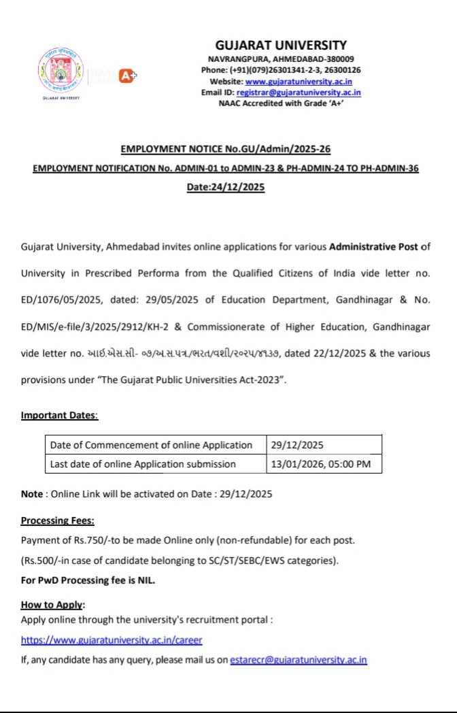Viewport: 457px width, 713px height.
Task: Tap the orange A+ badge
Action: click(x=127, y=76)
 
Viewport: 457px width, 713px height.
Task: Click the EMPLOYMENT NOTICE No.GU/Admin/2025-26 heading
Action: click(x=225, y=148)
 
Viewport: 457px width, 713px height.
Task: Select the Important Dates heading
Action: click(x=59, y=415)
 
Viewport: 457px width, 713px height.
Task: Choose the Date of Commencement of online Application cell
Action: click(x=152, y=445)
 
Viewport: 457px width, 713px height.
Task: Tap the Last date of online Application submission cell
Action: click(x=143, y=464)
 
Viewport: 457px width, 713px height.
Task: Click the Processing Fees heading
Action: click(x=58, y=520)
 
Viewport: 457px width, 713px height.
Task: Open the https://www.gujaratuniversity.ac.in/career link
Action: click(x=112, y=640)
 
